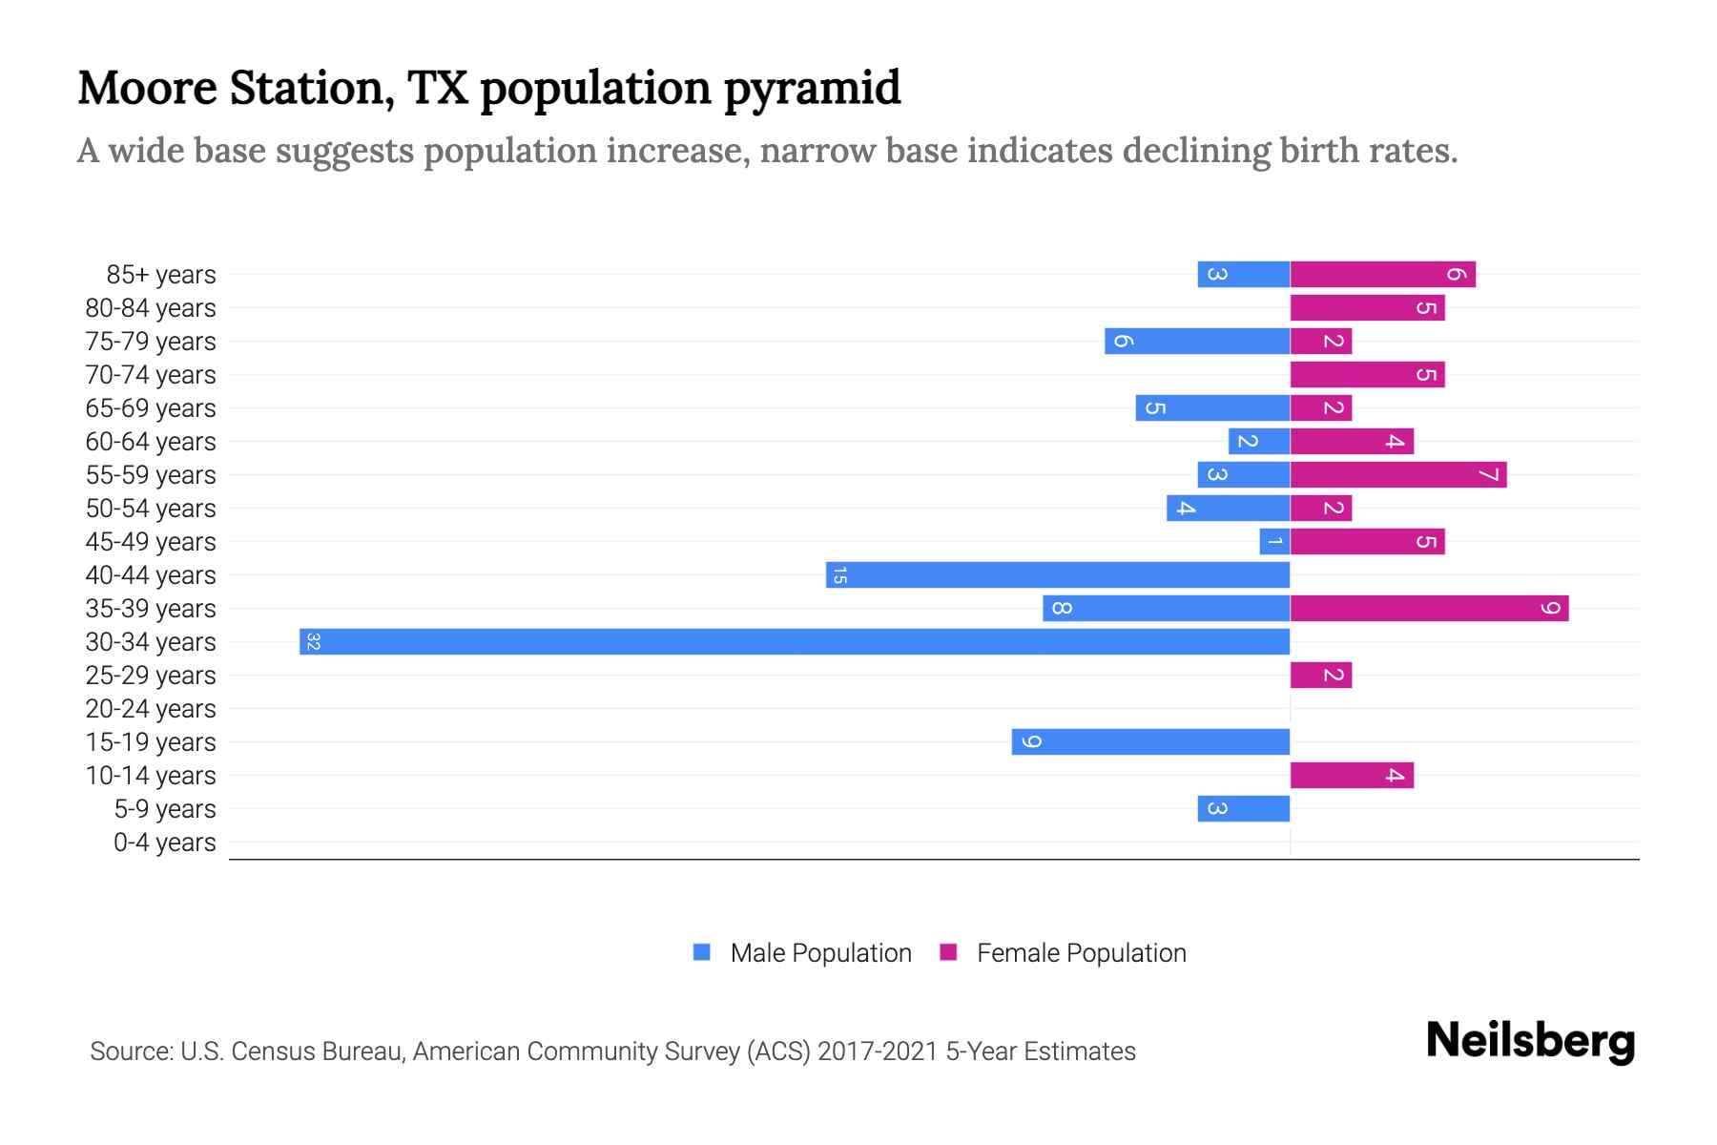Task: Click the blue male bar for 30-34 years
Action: tap(795, 641)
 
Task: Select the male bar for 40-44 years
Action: tap(1058, 574)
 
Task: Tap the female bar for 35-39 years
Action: tap(1429, 608)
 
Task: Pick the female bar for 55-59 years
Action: tap(1398, 474)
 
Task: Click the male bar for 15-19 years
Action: tap(1150, 741)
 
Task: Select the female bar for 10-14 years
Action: tap(1352, 775)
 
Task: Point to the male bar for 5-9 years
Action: tap(1244, 808)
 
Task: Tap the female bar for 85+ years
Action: tap(1383, 274)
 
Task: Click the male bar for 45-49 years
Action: tap(1274, 541)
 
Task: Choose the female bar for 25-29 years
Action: tap(1321, 675)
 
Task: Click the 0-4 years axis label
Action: tap(164, 843)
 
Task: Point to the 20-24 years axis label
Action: tap(151, 709)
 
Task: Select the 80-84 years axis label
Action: tap(151, 308)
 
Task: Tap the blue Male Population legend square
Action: tap(702, 952)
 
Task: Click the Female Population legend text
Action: tap(1081, 953)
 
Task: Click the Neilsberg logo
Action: tap(1530, 1041)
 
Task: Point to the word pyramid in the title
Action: tap(812, 89)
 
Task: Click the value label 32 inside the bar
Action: tap(313, 641)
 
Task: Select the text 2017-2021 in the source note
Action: tap(877, 1051)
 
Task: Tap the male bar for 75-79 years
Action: tap(1197, 341)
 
